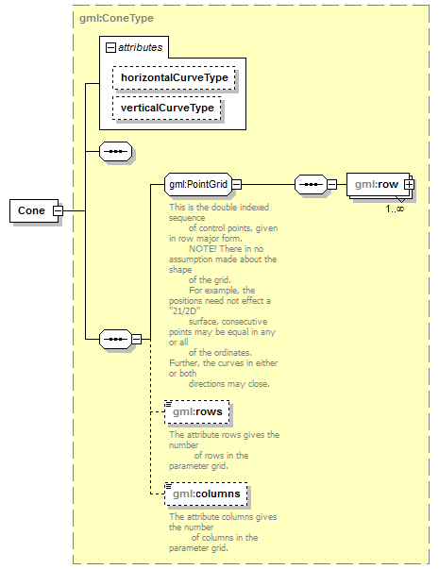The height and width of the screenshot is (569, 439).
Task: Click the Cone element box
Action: [x=34, y=210]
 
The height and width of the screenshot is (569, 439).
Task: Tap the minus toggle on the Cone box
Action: [x=59, y=210]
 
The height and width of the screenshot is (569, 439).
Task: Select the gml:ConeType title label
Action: [x=116, y=18]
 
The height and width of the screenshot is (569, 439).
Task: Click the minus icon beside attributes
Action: [x=110, y=47]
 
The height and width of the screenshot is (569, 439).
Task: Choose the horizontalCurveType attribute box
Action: [x=174, y=77]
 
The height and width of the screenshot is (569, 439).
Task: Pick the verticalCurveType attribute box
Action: [x=167, y=108]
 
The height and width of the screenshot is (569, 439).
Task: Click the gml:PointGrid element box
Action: [x=198, y=184]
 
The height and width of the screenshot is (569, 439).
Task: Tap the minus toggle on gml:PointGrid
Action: [x=236, y=184]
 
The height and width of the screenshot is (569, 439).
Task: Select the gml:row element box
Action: [x=378, y=184]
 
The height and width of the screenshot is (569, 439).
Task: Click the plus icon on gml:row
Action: [x=409, y=184]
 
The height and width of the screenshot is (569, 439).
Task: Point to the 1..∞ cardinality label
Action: [x=395, y=209]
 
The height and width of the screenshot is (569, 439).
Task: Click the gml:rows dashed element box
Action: [x=197, y=411]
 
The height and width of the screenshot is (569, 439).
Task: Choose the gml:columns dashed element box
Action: [x=206, y=494]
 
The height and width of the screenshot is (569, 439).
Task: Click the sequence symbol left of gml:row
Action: [x=311, y=184]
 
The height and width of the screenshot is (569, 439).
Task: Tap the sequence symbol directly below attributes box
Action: [x=115, y=151]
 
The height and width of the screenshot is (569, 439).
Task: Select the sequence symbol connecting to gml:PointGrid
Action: [x=115, y=340]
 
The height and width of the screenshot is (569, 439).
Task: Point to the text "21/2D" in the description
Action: [x=185, y=311]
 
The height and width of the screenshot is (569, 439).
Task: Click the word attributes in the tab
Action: [x=140, y=47]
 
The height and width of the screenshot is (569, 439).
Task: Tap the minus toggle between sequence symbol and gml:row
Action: [x=332, y=184]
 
